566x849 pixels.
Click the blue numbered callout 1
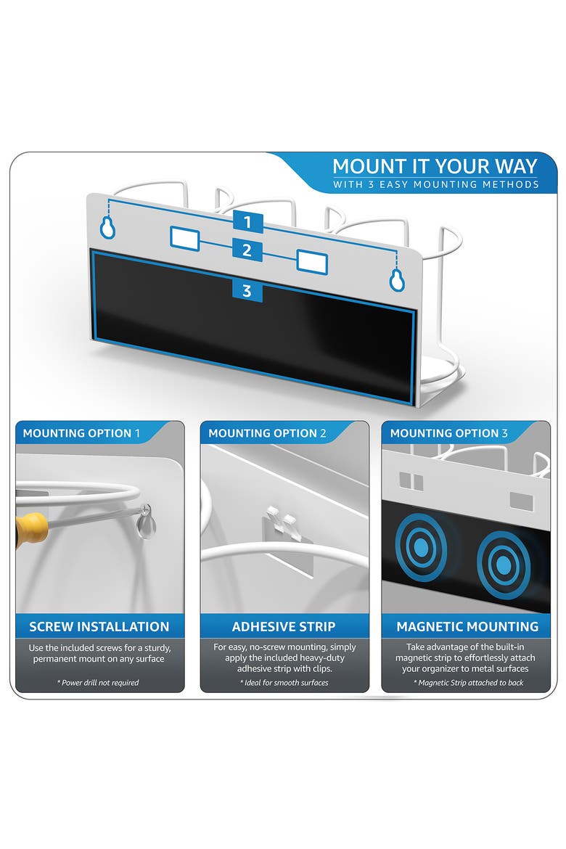(x=248, y=222)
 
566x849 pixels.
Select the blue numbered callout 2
(x=247, y=250)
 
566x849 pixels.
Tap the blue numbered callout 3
(x=247, y=291)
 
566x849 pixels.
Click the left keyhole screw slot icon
(x=108, y=227)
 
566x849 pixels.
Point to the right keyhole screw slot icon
(x=397, y=280)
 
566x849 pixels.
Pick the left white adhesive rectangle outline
(x=185, y=239)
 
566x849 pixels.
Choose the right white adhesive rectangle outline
(x=312, y=262)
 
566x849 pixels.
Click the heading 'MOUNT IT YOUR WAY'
(x=435, y=165)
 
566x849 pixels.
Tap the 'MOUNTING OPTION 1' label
(x=81, y=433)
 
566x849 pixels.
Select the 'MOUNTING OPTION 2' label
(x=267, y=433)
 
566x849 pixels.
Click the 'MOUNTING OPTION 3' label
(x=449, y=433)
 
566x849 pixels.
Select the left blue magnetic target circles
(x=421, y=547)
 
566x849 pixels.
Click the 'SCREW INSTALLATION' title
(x=99, y=626)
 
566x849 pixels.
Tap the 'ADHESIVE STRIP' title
(x=284, y=626)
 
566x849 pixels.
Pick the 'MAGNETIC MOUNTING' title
(x=467, y=626)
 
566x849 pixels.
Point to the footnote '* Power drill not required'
(x=98, y=683)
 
